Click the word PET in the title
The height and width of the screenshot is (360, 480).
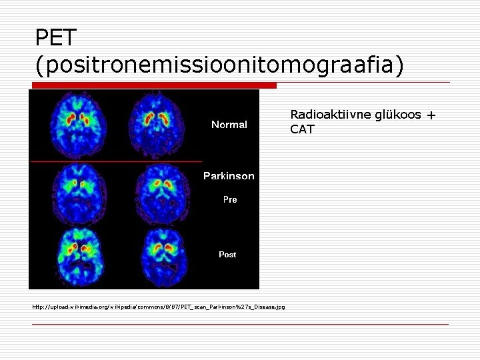[x=56, y=37]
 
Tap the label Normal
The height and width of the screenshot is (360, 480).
[x=229, y=125]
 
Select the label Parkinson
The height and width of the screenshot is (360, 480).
[x=229, y=176]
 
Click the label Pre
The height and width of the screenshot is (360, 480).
[x=229, y=199]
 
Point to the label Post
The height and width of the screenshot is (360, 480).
[x=227, y=255]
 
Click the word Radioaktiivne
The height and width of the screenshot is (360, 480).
[x=323, y=115]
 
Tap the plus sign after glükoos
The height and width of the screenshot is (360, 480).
[x=431, y=115]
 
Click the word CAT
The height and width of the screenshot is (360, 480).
[x=302, y=129]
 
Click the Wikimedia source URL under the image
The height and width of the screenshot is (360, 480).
[x=159, y=307]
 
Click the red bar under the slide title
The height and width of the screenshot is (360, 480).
[x=153, y=85]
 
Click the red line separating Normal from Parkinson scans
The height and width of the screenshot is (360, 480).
[x=115, y=161]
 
